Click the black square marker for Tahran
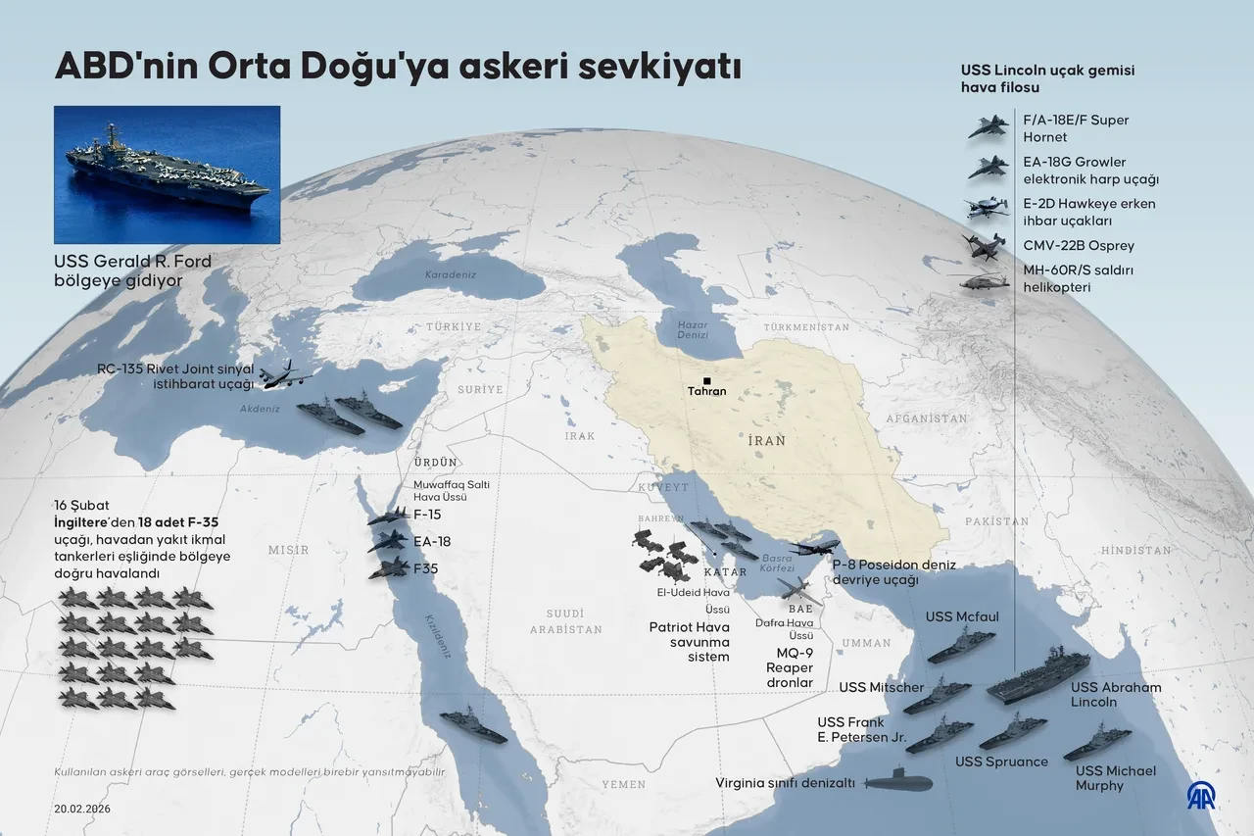tap(706, 380)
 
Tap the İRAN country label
tap(766, 441)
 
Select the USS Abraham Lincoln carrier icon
tap(1037, 675)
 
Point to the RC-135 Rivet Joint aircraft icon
tap(285, 374)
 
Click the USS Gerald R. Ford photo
tap(168, 174)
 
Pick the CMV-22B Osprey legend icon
tap(985, 245)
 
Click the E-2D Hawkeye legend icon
tap(987, 208)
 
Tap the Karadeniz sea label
tap(451, 275)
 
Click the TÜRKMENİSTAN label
tap(806, 326)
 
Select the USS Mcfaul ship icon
tap(961, 646)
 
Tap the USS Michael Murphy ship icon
tap(1096, 743)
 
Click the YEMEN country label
tap(623, 785)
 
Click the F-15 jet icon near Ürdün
tap(389, 516)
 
